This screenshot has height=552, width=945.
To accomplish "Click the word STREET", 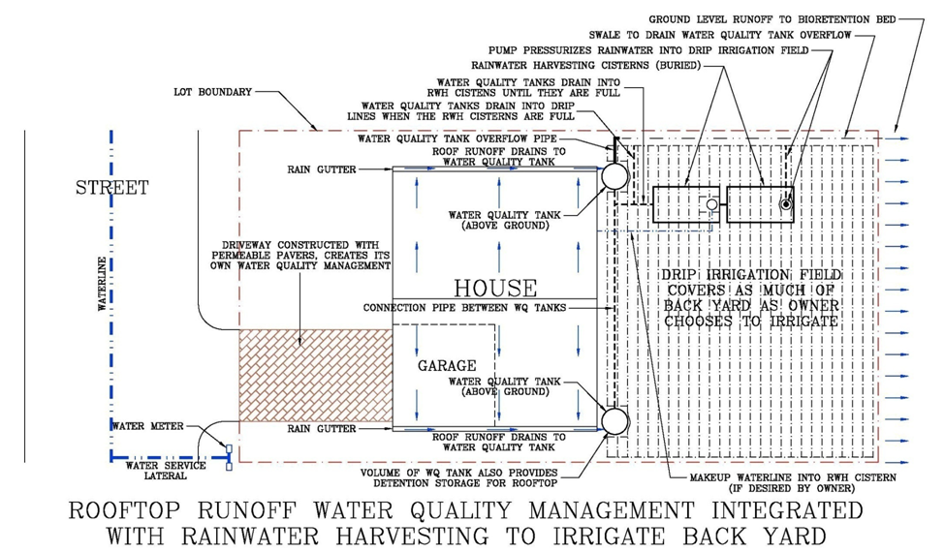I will [x=112, y=188].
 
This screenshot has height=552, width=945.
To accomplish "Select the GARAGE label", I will [x=447, y=366].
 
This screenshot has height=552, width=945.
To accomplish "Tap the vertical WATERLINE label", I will [x=99, y=282].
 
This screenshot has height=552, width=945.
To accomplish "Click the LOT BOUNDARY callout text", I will [x=212, y=92].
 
